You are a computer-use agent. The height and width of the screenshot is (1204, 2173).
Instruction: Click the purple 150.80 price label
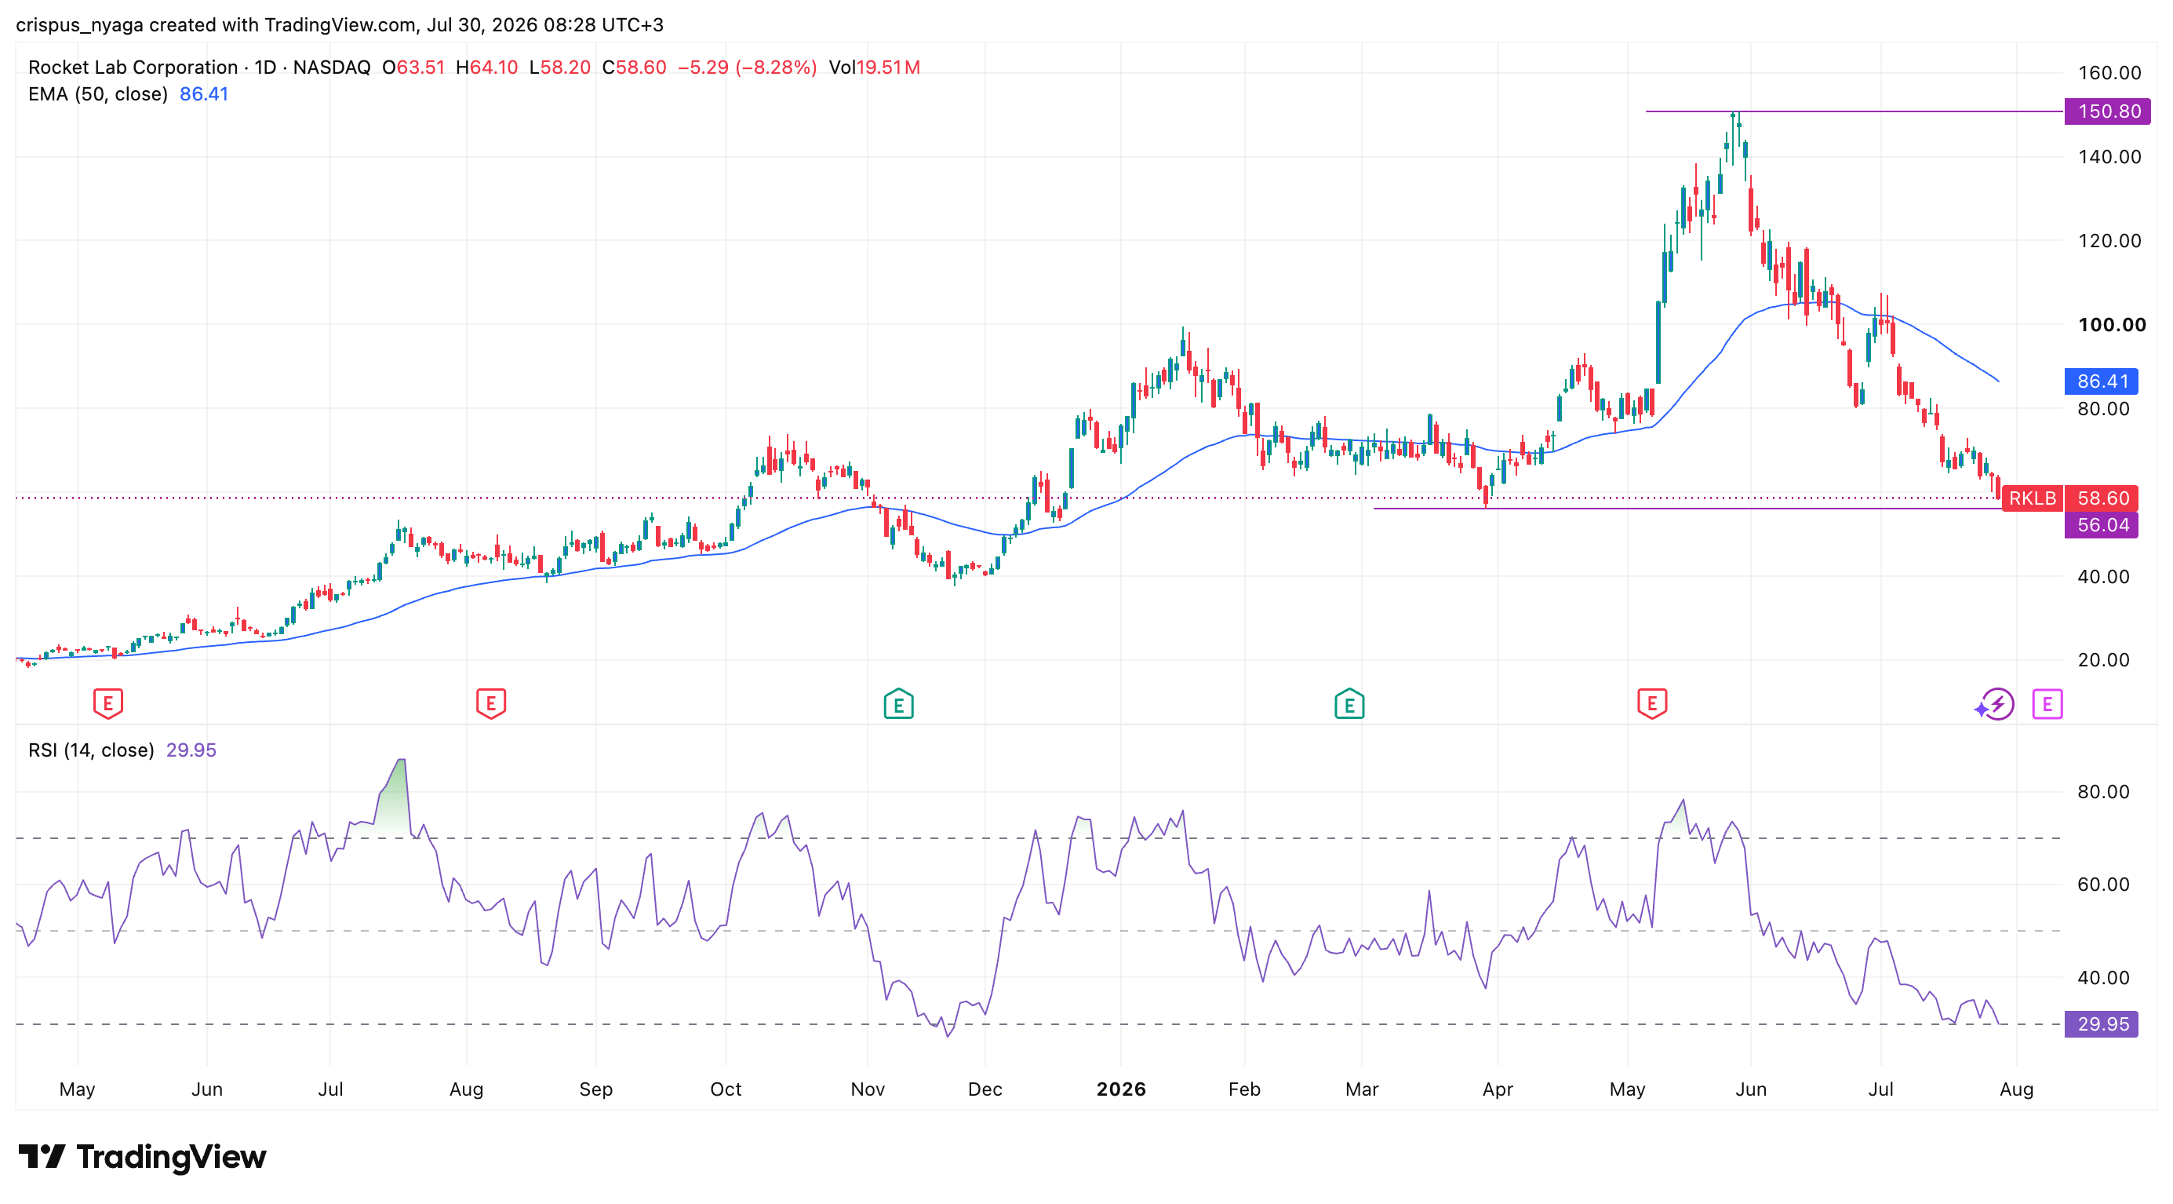coord(2106,111)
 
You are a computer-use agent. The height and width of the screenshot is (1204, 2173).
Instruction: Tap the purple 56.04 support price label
coord(2102,525)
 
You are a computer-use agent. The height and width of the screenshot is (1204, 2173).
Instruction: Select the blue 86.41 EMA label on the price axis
coord(2102,381)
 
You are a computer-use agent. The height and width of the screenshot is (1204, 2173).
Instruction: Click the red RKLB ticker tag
coord(2032,498)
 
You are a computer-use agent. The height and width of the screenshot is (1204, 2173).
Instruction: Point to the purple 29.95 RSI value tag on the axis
coord(2102,1024)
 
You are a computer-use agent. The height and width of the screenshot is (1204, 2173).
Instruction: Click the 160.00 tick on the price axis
coord(2109,72)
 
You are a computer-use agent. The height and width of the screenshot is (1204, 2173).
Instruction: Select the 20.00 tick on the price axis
coord(2104,660)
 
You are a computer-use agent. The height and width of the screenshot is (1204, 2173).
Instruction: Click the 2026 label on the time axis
coord(1121,1089)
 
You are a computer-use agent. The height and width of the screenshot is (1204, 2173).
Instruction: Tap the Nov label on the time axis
coord(867,1089)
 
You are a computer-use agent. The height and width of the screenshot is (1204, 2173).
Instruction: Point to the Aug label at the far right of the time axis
coord(2016,1089)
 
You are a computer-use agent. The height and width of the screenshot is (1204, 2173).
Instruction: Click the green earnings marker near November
coord(898,704)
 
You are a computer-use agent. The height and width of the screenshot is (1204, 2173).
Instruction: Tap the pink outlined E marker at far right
coord(2047,704)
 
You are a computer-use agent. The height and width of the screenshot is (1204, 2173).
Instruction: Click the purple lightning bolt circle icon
coord(1996,705)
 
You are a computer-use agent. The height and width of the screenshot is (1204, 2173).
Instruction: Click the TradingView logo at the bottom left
coord(142,1157)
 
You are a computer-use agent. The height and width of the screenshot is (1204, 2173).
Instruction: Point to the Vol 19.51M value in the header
coord(874,67)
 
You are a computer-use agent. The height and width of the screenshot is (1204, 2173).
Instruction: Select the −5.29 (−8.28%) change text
coord(748,67)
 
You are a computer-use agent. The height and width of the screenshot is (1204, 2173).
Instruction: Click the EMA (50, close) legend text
coord(98,94)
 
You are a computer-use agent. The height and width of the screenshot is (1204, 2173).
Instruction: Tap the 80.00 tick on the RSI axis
coord(2104,791)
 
